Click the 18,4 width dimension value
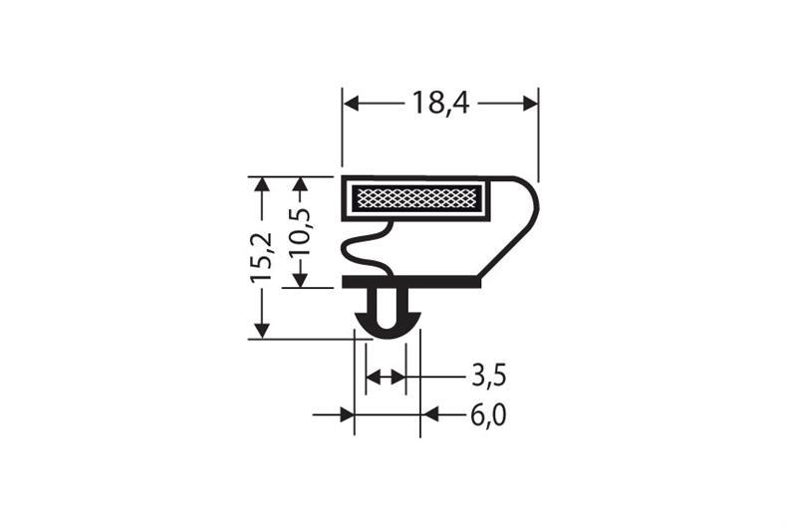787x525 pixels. click(439, 103)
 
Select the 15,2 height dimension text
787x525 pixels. click(262, 257)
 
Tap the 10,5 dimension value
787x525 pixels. click(299, 232)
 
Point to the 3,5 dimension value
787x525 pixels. click(488, 376)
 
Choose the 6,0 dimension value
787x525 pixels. click(488, 414)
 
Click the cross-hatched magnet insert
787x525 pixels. click(417, 197)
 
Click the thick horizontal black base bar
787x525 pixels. click(410, 282)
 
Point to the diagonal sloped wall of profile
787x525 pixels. click(508, 248)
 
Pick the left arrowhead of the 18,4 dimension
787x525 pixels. click(351, 103)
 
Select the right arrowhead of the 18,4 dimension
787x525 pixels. click(530, 103)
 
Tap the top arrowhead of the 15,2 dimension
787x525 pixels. click(262, 185)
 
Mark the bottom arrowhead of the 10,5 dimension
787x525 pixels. click(299, 279)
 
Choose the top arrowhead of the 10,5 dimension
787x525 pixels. click(299, 185)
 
